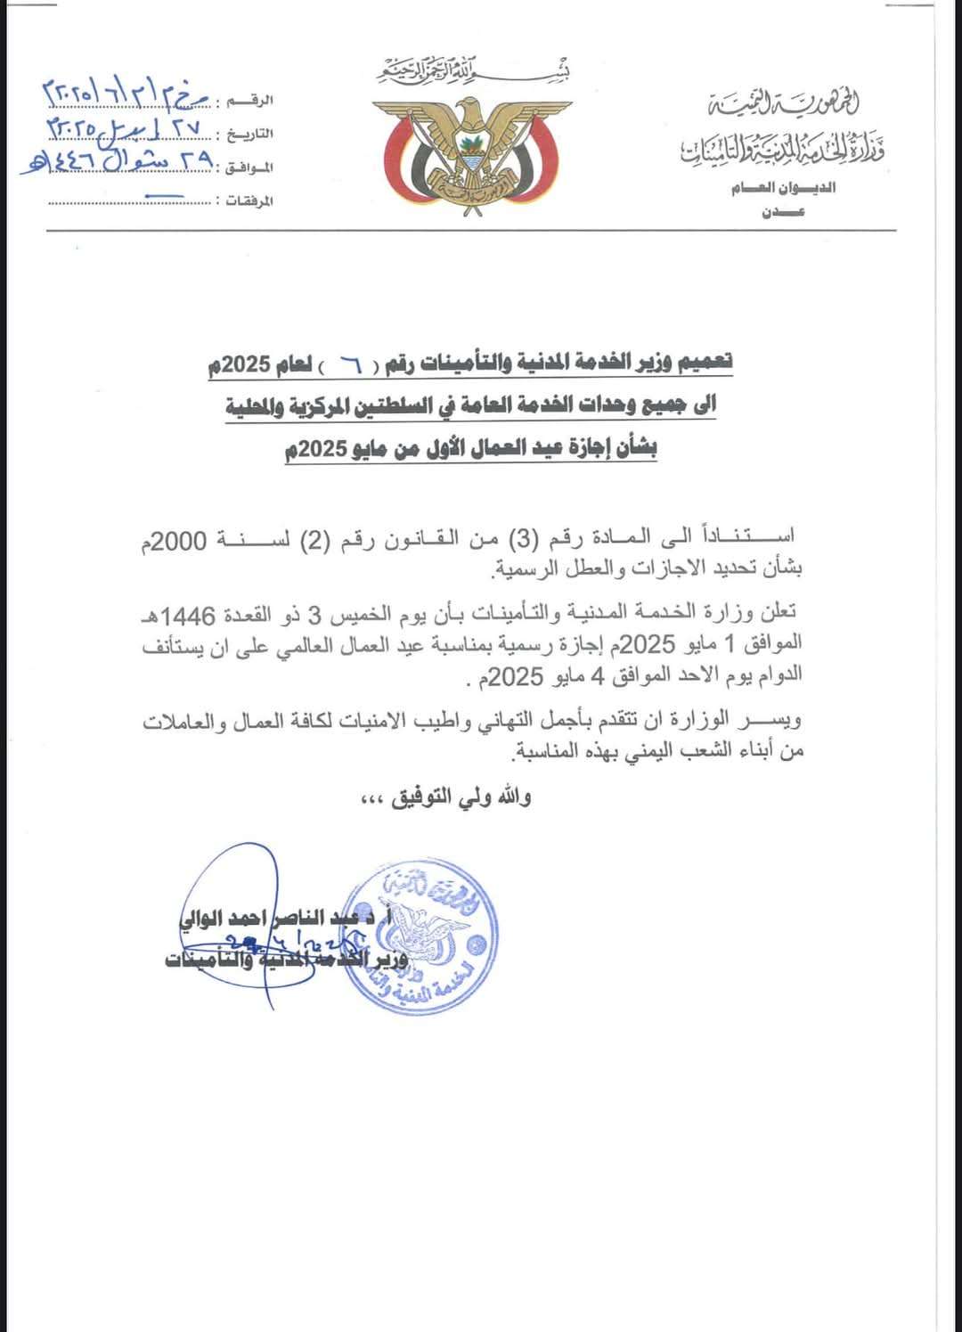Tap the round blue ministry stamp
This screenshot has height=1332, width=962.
(420, 936)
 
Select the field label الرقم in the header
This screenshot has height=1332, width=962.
(253, 101)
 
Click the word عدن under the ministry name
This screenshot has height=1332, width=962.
(783, 212)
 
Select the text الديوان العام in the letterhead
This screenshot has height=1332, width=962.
(784, 189)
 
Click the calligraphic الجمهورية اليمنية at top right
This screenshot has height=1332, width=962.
(783, 104)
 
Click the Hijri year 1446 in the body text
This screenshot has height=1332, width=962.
(182, 616)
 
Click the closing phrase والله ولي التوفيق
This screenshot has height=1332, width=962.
(444, 797)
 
